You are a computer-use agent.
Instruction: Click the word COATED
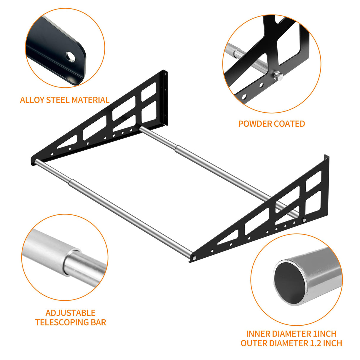pos(290,124)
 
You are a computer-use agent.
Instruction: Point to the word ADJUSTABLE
pos(70,313)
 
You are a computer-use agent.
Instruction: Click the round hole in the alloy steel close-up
pos(71,56)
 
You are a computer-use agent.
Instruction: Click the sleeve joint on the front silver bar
pos(71,184)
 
